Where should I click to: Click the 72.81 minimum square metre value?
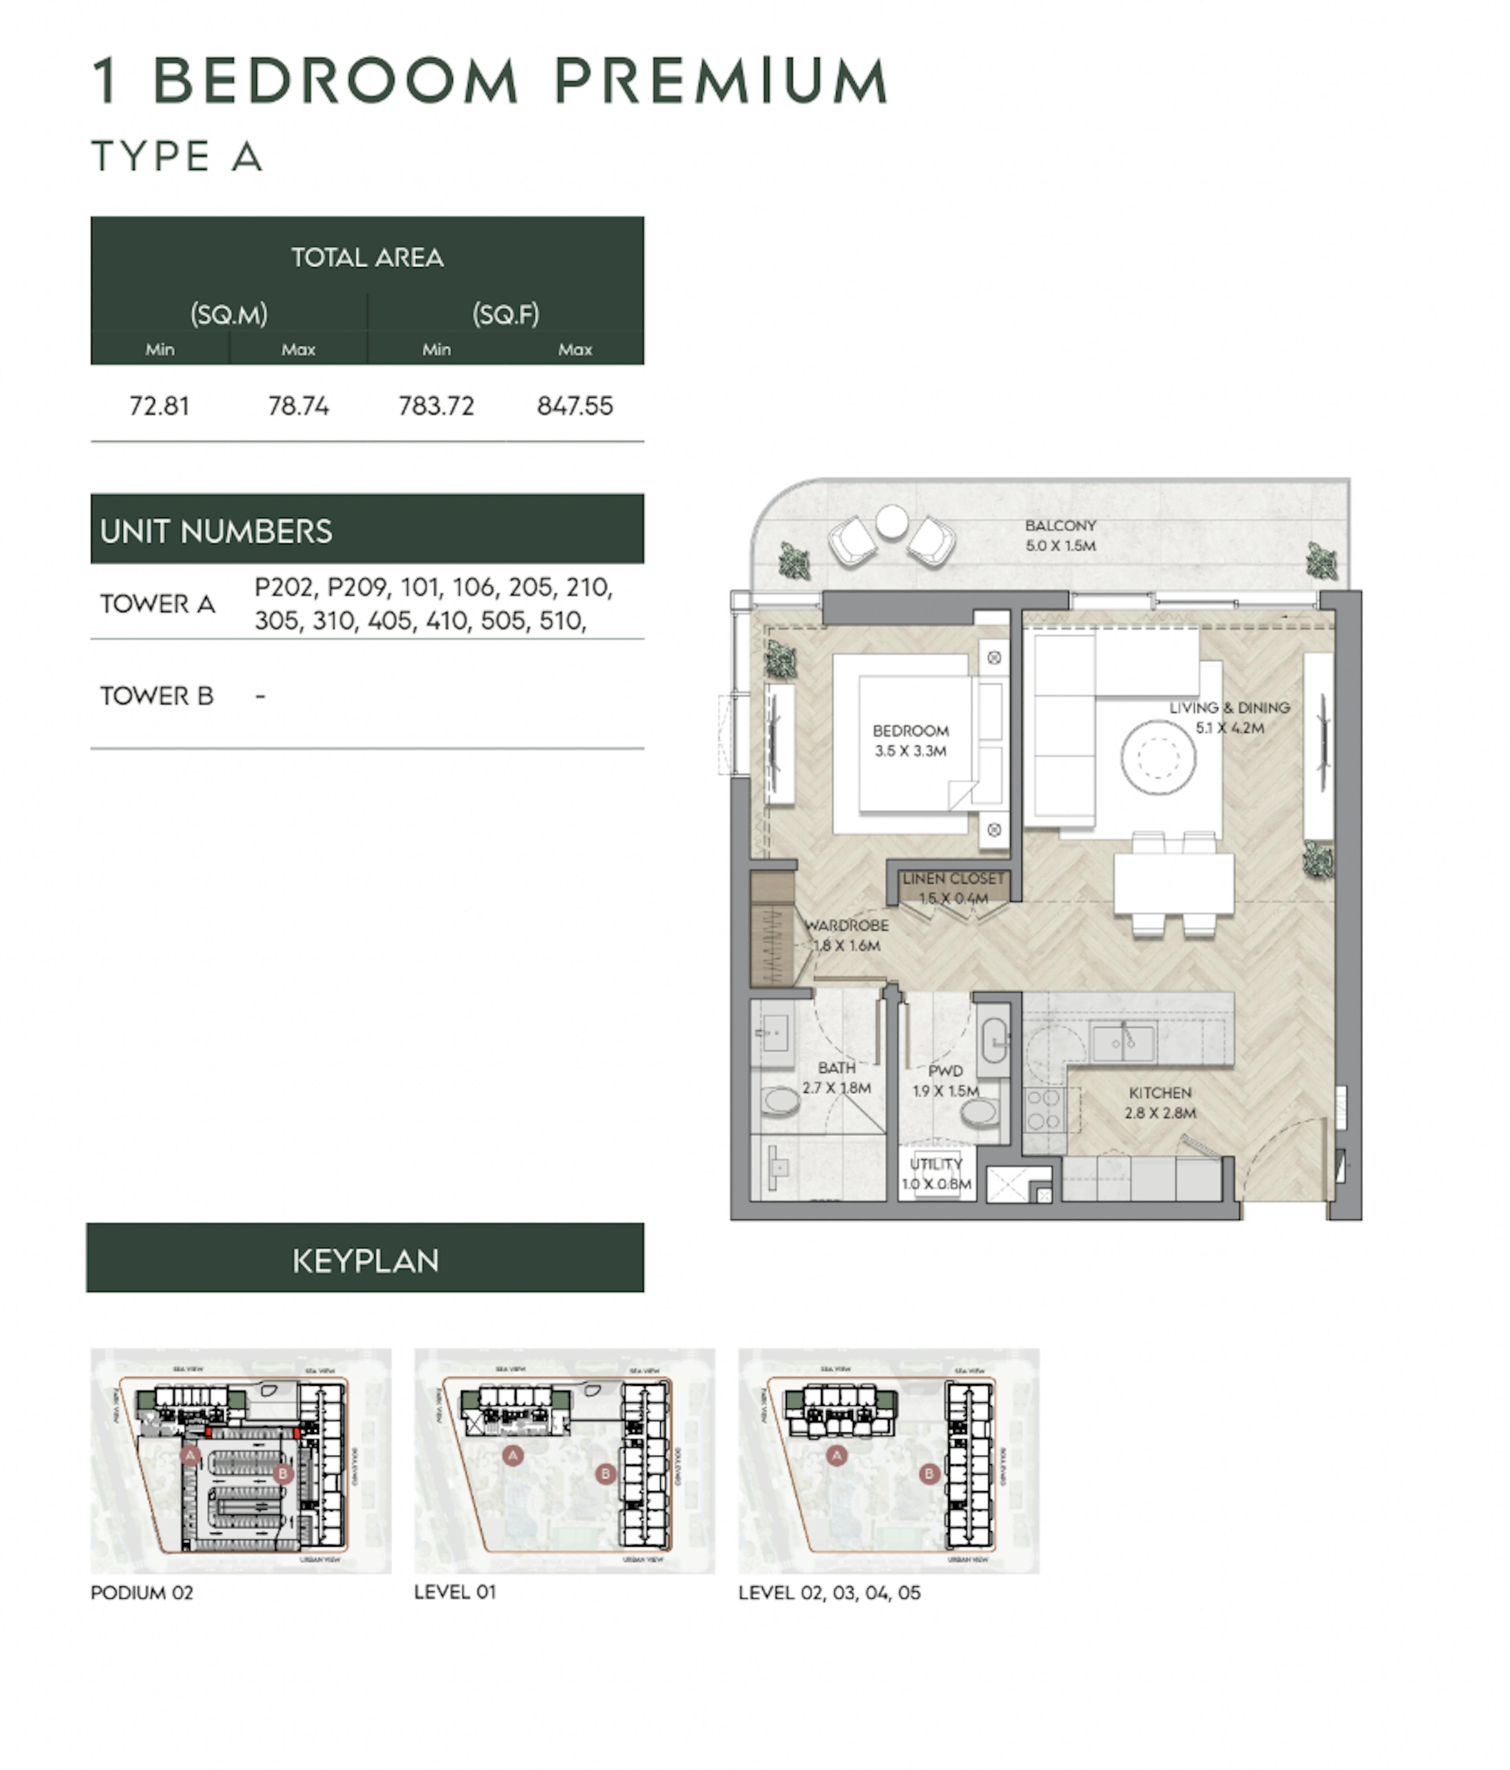point(159,406)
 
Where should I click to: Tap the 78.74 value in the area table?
point(298,406)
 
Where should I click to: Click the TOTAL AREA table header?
point(367,257)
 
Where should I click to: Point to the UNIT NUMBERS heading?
point(216,531)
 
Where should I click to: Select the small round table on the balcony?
point(892,521)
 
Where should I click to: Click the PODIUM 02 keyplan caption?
point(142,1592)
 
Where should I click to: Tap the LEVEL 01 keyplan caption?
point(454,1591)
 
